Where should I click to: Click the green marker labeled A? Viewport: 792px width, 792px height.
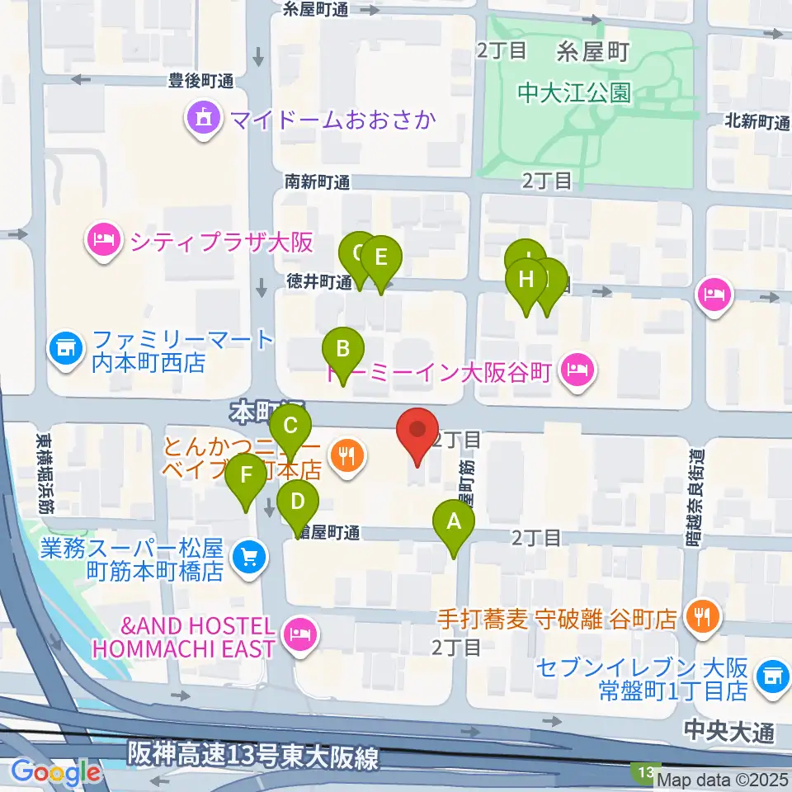pos(453,522)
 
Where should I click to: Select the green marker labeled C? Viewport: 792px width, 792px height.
pos(290,427)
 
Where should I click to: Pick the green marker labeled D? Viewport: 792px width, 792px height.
pos(298,502)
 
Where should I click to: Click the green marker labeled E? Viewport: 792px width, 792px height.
pos(380,257)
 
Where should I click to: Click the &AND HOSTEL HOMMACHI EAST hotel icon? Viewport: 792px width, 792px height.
pos(298,634)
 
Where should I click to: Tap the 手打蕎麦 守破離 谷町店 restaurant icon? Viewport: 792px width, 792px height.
pos(703,618)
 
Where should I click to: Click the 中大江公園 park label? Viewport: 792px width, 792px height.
pos(574,92)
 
